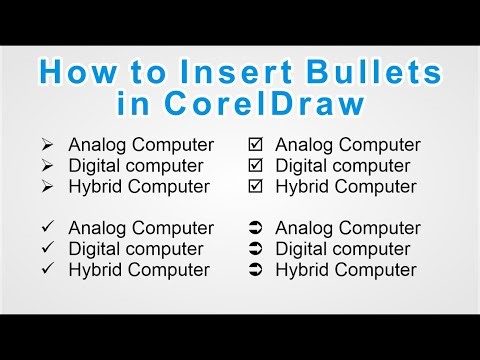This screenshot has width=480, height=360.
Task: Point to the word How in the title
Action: (73, 73)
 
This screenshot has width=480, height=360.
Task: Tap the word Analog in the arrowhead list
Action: (97, 145)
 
